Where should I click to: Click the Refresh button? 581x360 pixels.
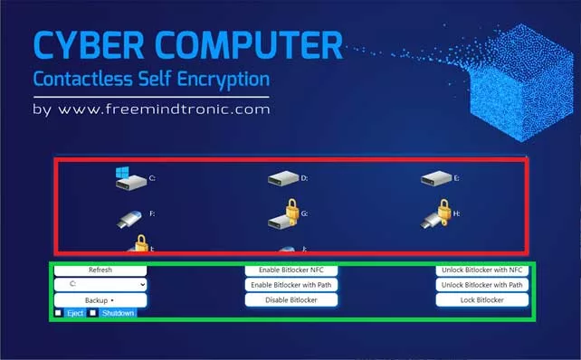(100, 270)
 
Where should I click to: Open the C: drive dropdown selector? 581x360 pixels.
(100, 284)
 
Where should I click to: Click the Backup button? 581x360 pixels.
(100, 299)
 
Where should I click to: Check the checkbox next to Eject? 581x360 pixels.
(59, 313)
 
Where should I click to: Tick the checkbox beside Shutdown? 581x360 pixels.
(92, 313)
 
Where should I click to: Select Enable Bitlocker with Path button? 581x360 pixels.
(291, 285)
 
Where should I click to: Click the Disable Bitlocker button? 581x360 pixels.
(291, 299)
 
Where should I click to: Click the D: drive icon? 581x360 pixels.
(282, 179)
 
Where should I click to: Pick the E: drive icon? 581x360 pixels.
(435, 179)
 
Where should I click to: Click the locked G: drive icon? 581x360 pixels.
(283, 214)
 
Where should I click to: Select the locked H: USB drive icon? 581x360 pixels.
(435, 215)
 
